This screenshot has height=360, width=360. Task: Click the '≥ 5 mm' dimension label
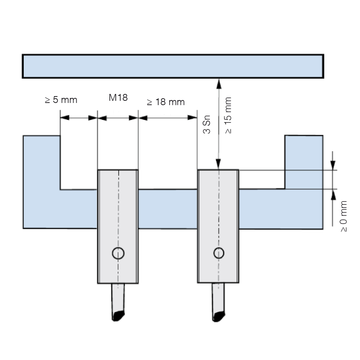pyautogui.click(x=61, y=100)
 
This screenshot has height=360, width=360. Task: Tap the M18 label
pyautogui.click(x=118, y=98)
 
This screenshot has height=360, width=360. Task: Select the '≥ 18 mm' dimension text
pyautogui.click(x=166, y=102)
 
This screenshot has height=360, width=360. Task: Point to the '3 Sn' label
pyautogui.click(x=207, y=125)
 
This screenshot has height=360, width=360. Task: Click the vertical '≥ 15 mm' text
pyautogui.click(x=228, y=115)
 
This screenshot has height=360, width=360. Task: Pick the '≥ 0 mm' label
pyautogui.click(x=343, y=216)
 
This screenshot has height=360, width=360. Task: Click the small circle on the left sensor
pyautogui.click(x=118, y=253)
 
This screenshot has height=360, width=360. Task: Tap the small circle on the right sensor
pyautogui.click(x=219, y=253)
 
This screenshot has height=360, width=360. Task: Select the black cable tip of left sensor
pyautogui.click(x=118, y=316)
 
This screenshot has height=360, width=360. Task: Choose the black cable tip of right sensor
pyautogui.click(x=219, y=316)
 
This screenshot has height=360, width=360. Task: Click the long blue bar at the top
pyautogui.click(x=173, y=66)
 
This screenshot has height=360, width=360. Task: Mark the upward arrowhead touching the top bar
pyautogui.click(x=219, y=84)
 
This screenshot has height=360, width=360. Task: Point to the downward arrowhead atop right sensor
pyautogui.click(x=219, y=164)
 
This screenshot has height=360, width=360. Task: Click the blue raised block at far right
pyautogui.click(x=304, y=162)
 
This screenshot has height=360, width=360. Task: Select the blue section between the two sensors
pyautogui.click(x=168, y=209)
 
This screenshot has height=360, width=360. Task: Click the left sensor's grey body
pyautogui.click(x=118, y=226)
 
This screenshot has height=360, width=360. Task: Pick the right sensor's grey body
pyautogui.click(x=218, y=226)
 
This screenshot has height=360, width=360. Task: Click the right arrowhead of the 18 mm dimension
pyautogui.click(x=192, y=118)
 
